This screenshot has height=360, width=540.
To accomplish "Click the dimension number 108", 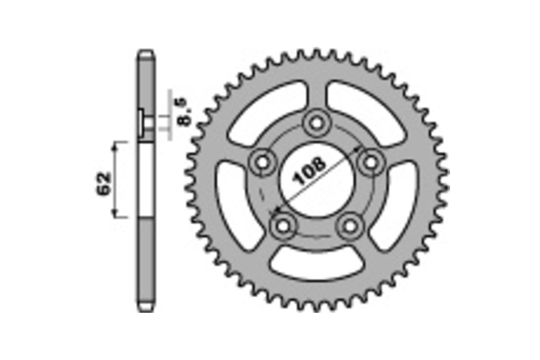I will coord(310,171).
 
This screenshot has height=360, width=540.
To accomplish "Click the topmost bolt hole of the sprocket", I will coord(316,122).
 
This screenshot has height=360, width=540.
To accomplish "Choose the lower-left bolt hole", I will coord(283,226).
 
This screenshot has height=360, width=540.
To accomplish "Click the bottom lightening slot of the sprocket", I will coord(316,265).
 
